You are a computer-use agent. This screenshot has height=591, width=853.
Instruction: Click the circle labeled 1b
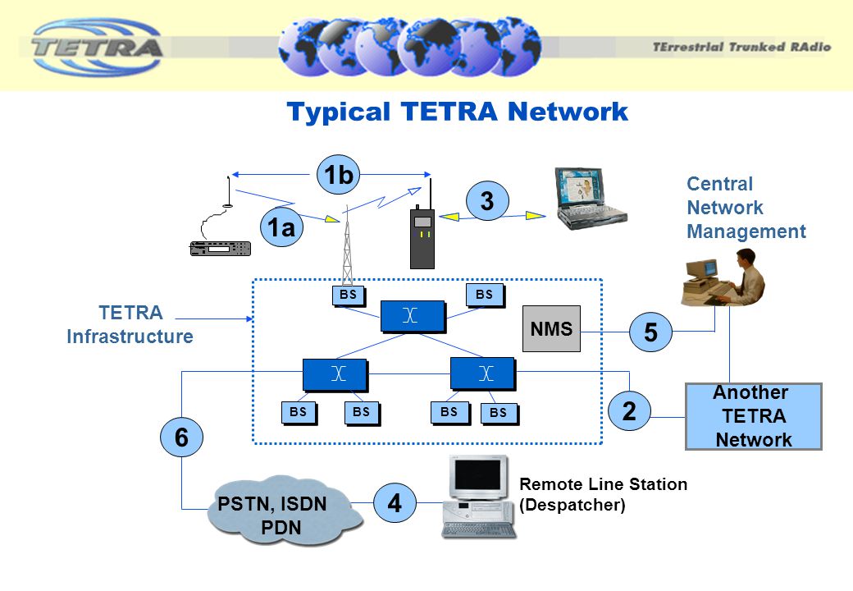click(338, 175)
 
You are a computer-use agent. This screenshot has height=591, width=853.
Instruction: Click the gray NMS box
click(551, 329)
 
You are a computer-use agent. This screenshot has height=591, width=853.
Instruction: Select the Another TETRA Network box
click(753, 416)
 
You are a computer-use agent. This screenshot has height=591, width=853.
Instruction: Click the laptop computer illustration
click(589, 198)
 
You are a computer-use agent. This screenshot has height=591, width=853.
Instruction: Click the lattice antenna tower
click(348, 246)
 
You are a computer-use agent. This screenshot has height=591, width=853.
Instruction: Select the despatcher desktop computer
click(479, 497)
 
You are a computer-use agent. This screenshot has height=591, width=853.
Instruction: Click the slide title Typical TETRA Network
click(457, 112)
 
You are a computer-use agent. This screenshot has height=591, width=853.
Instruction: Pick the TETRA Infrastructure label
click(130, 325)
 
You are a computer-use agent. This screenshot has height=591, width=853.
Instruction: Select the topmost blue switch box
click(412, 317)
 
